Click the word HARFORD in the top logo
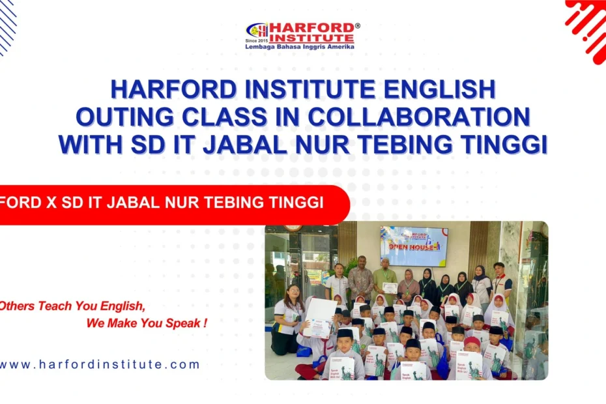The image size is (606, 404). [x=311, y=28]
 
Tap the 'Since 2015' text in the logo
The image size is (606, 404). [x=256, y=40]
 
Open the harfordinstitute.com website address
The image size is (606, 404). [x=100, y=364]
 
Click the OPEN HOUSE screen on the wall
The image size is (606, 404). [x=414, y=246]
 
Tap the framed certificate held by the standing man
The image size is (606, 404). [x=390, y=287]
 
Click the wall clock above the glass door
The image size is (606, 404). [x=293, y=227]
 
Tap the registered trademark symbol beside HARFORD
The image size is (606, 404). [x=357, y=25]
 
